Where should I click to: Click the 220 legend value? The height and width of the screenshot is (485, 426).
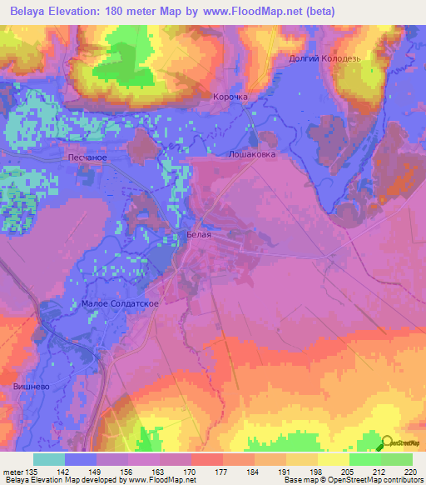[410, 471]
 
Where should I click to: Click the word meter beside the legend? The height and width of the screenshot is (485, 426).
[12, 471]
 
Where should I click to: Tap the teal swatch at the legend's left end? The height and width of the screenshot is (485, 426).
[49, 459]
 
